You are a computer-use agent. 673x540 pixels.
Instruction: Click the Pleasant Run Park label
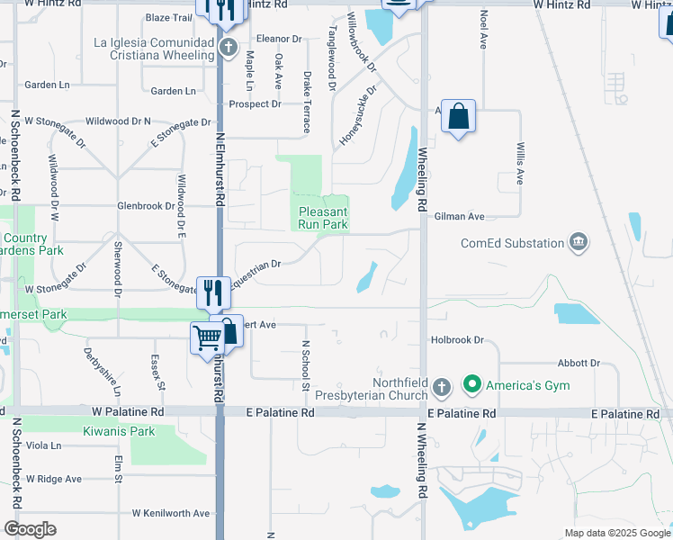point(323,217)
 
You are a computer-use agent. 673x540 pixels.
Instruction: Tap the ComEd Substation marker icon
point(579,242)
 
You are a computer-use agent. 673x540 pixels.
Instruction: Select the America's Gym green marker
point(471,386)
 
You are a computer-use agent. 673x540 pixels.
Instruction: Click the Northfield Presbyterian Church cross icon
point(441,388)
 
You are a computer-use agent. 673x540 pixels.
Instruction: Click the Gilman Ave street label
point(459,217)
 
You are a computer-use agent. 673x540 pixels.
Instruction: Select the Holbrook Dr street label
point(457,340)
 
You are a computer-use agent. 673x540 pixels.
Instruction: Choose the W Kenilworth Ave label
point(170,513)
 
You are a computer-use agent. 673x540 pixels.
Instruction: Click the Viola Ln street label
point(43,445)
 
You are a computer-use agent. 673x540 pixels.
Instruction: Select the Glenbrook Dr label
point(145,206)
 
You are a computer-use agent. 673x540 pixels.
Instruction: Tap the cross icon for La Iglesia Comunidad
point(229,47)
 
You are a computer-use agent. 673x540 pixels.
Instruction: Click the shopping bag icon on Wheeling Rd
point(458,116)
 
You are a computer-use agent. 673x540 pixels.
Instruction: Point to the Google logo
point(30,529)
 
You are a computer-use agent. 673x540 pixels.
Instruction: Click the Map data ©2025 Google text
point(616,533)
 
